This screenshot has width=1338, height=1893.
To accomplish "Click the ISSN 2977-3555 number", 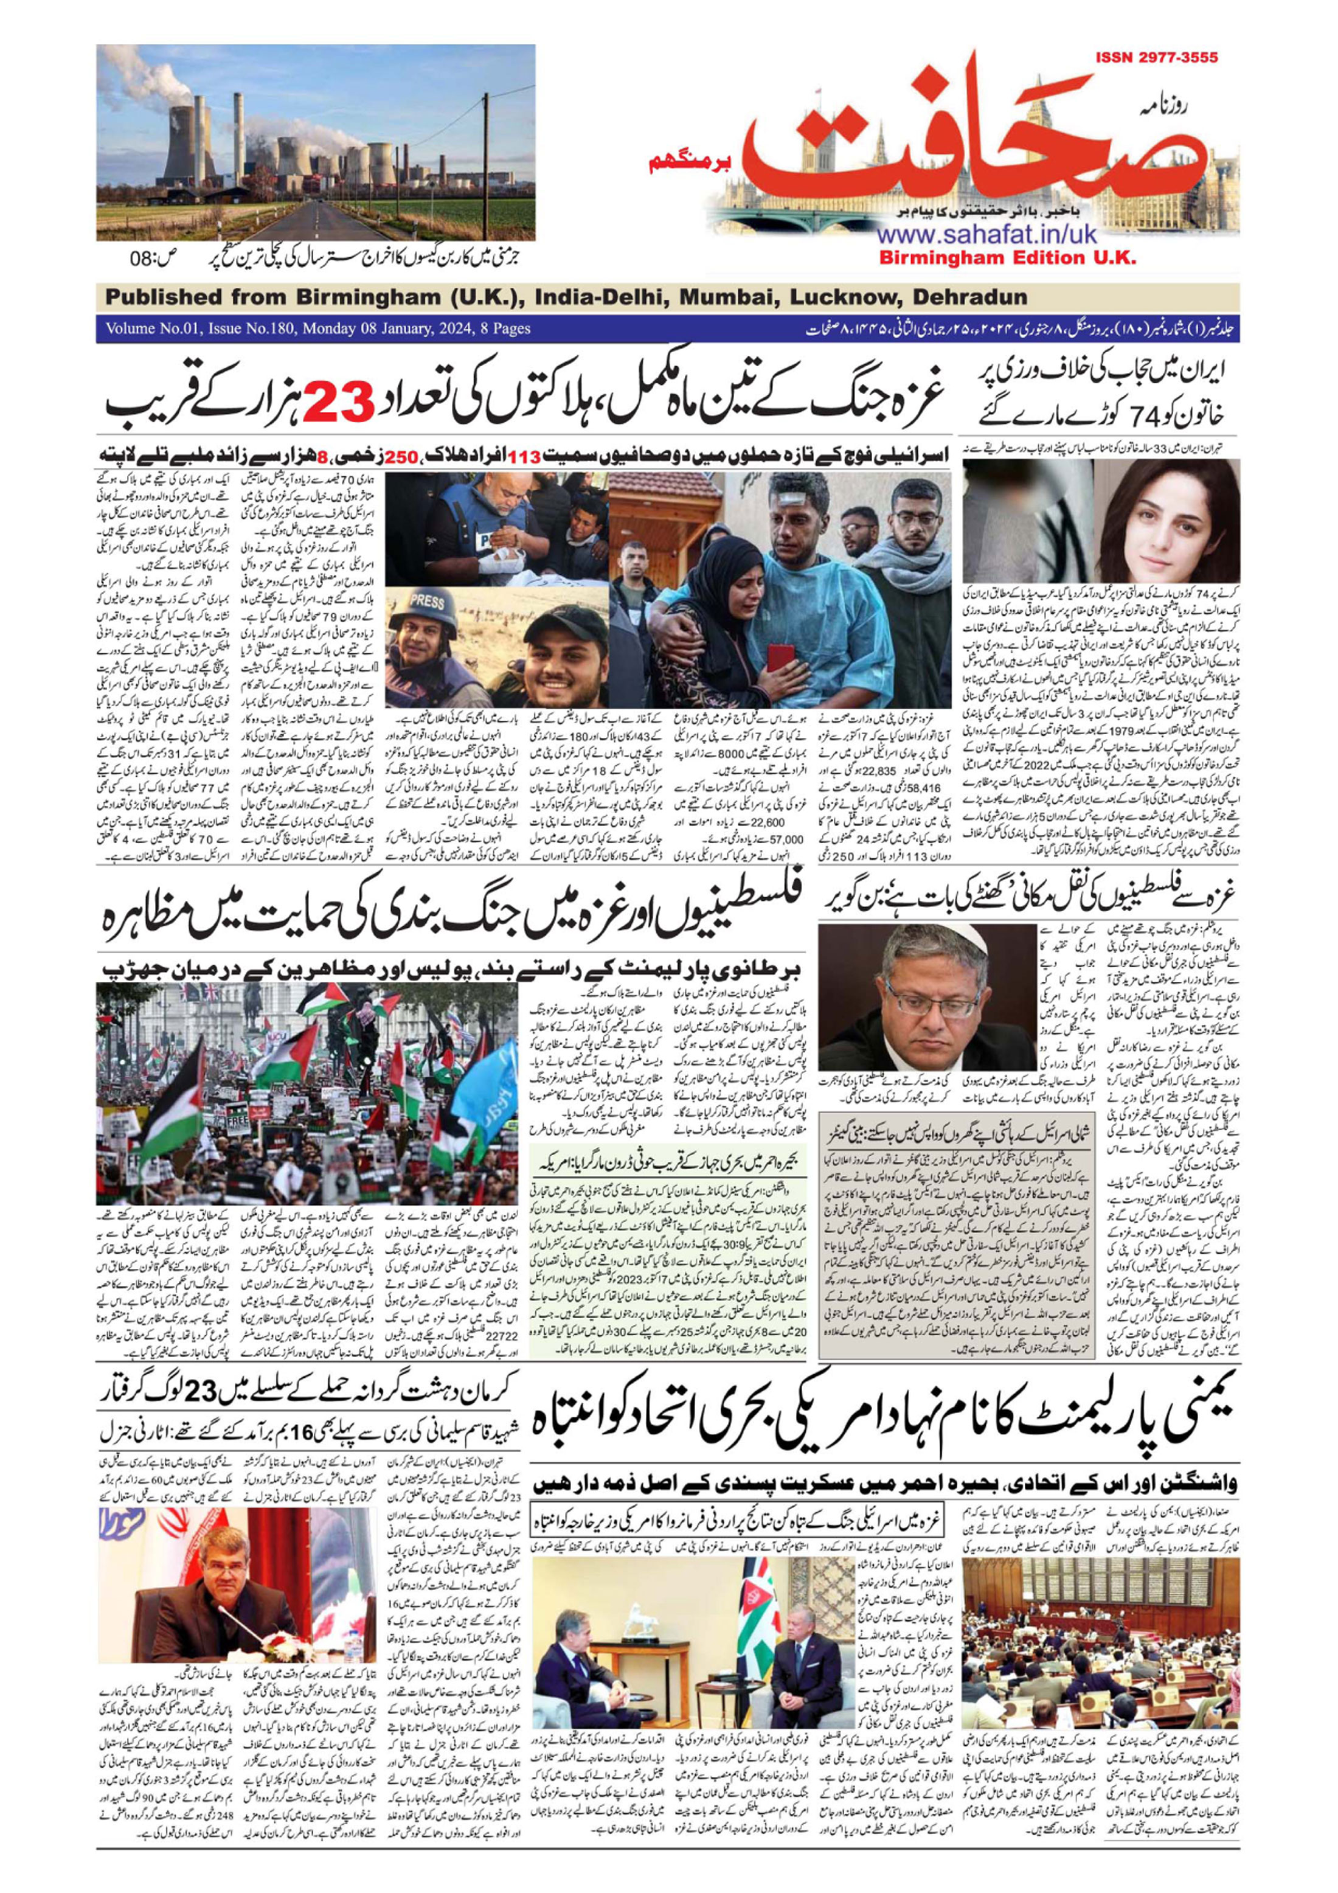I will pos(1157,58).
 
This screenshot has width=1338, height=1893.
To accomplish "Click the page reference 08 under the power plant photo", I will pos(142,258).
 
